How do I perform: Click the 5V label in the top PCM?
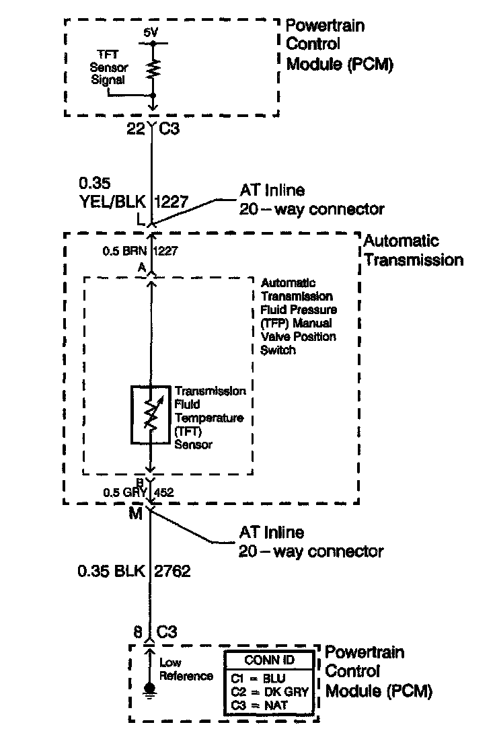[151, 32]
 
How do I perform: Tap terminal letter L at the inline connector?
[140, 220]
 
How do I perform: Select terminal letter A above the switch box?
[143, 267]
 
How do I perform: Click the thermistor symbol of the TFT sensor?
[150, 415]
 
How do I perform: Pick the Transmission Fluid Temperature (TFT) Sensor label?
[209, 418]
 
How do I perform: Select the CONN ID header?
[268, 660]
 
